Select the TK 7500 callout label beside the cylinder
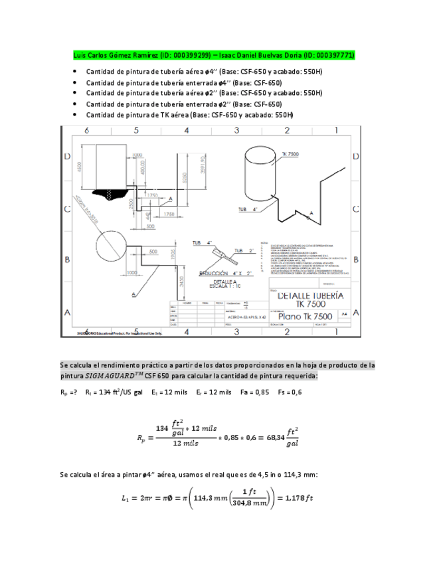290,153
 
